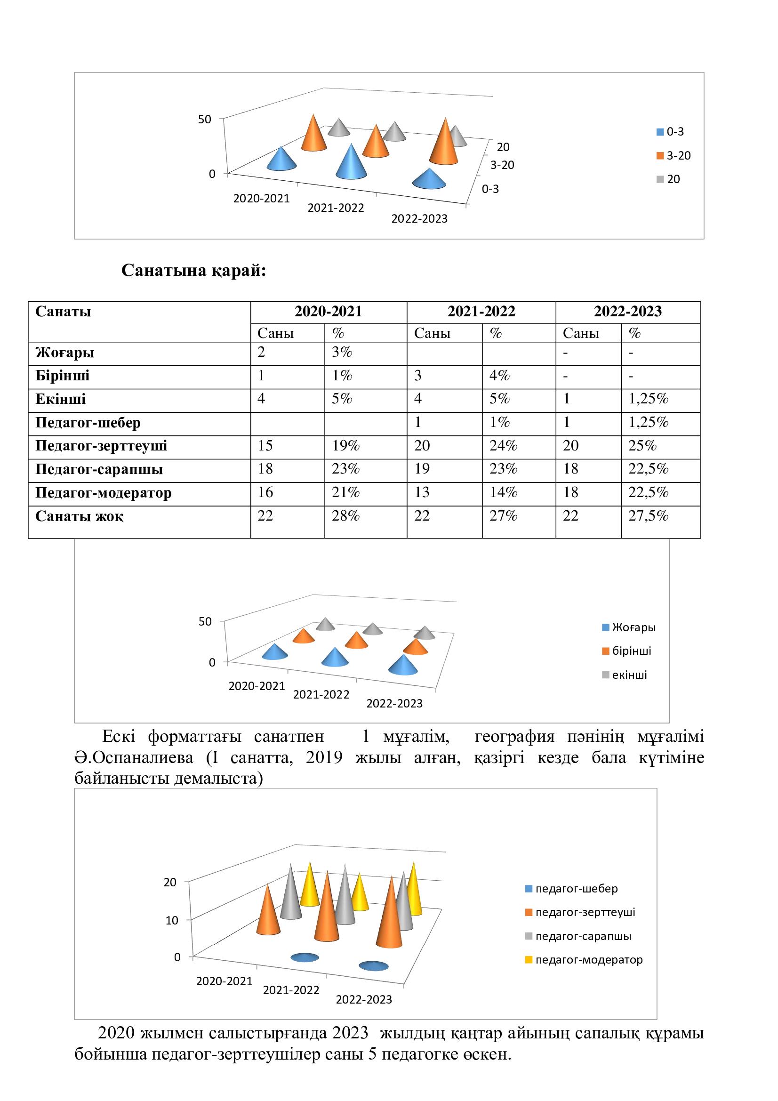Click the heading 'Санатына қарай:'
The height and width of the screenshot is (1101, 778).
click(193, 271)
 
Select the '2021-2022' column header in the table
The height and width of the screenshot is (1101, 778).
click(481, 312)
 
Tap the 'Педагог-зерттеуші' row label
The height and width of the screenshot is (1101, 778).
click(101, 446)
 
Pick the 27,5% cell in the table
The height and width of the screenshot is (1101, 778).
click(648, 516)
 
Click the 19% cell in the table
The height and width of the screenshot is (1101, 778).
click(345, 446)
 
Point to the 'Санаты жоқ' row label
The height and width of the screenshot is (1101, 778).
click(79, 516)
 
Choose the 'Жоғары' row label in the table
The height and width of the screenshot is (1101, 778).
click(64, 353)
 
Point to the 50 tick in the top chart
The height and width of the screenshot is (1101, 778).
click(205, 119)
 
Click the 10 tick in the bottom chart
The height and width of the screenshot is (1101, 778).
click(172, 920)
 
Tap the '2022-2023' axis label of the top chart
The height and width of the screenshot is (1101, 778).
click(419, 219)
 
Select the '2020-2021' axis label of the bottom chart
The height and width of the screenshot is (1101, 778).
click(225, 981)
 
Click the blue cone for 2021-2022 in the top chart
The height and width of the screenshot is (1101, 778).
click(352, 162)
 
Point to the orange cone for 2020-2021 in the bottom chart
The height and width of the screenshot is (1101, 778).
click(268, 912)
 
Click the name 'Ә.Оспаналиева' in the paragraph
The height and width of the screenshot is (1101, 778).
click(134, 758)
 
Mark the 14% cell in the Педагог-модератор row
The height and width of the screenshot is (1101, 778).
click(503, 492)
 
